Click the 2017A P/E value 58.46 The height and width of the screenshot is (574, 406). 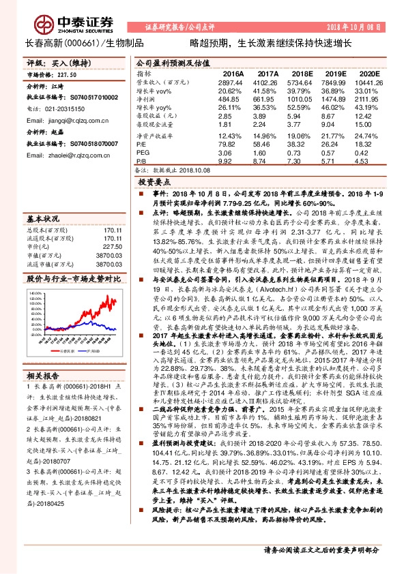(268, 145)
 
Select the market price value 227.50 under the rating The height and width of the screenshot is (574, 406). (67, 75)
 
